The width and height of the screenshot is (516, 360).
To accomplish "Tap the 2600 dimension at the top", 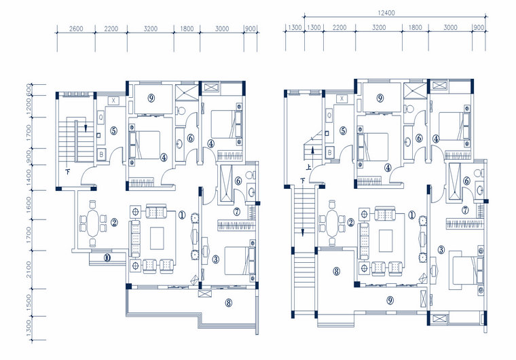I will click(76, 29).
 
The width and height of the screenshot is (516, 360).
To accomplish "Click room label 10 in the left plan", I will click(107, 257).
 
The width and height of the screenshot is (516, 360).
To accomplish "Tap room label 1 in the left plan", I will click(182, 215).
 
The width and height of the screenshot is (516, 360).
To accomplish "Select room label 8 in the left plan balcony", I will click(229, 303).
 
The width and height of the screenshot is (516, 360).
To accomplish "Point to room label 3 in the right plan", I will click(441, 249).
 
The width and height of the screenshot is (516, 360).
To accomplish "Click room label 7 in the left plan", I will click(236, 212).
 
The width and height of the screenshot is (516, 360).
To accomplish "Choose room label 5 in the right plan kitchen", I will click(344, 131).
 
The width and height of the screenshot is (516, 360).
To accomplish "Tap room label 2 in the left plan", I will click(114, 222).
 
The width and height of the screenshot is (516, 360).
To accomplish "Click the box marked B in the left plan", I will click(101, 154).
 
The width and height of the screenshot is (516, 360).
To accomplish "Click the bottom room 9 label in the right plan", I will click(390, 300).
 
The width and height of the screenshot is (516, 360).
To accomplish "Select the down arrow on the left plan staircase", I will click(85, 128).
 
